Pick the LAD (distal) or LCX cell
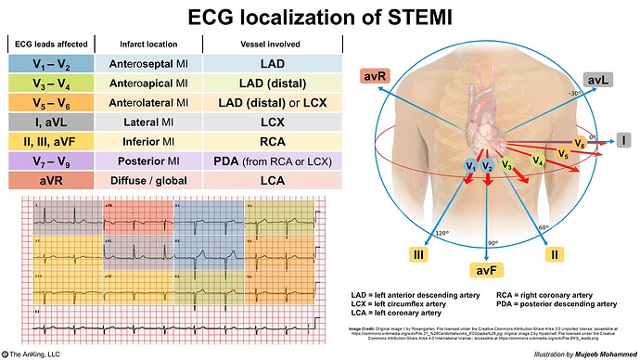271,102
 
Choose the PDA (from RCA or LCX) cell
271,161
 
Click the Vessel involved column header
271,44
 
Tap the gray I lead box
624,140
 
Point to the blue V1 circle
471,166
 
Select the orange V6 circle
580,143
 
